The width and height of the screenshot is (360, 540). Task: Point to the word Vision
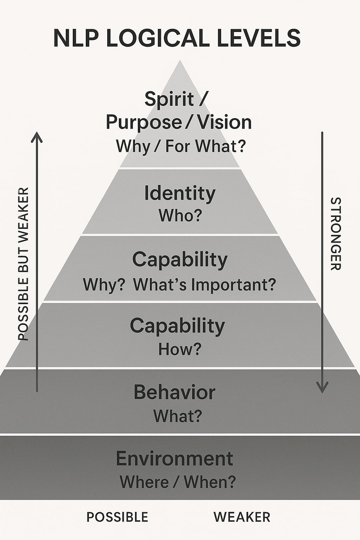[224, 122]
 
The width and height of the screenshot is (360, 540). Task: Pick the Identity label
[180, 194]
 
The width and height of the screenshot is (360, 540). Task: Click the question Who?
[180, 216]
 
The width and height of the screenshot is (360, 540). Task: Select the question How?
[179, 349]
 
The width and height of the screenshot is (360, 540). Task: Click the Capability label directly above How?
[177, 326]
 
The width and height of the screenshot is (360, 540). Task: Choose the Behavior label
[174, 392]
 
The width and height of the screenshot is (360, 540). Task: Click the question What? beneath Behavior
[178, 416]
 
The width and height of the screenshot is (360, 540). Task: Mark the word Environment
[174, 459]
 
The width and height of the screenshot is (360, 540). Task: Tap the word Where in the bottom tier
[144, 482]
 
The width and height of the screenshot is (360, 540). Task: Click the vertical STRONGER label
[336, 234]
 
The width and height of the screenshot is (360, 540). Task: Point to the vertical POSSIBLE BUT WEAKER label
[23, 264]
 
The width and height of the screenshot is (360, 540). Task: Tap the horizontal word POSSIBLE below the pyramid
[117, 517]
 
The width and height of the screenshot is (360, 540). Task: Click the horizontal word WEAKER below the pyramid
[242, 517]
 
